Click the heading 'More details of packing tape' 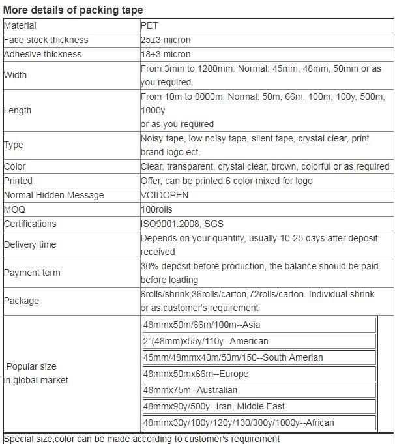(x=73, y=10)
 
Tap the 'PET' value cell (x=149, y=26)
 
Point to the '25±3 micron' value (x=166, y=40)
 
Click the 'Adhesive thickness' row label (x=43, y=54)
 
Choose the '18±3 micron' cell (x=166, y=54)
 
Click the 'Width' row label (x=16, y=75)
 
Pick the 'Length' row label (x=18, y=110)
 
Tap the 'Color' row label (x=15, y=166)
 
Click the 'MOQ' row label (x=14, y=209)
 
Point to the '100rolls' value (x=158, y=209)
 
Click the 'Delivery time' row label (x=30, y=244)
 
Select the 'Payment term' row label (x=32, y=273)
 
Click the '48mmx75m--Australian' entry (x=190, y=390)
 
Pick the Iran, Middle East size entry (x=213, y=406)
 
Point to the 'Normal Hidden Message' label (x=54, y=195)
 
